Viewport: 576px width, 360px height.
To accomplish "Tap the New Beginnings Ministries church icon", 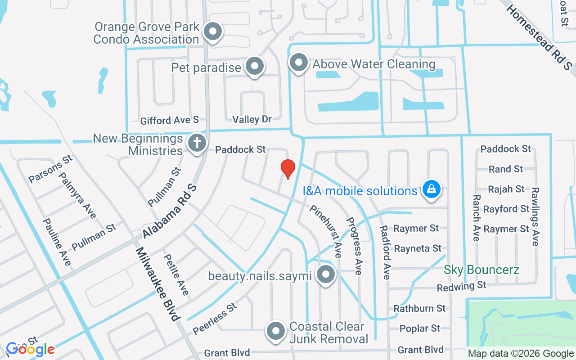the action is [x=197, y=144].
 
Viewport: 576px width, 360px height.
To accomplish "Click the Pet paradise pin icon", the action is [x=255, y=66].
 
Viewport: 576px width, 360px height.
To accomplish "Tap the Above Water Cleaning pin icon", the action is [x=298, y=63].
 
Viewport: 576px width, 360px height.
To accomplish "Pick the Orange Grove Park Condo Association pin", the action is [x=213, y=32].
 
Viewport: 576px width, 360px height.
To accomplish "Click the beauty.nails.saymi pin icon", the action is [x=325, y=274].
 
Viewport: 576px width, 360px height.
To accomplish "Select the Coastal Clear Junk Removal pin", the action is [x=276, y=331].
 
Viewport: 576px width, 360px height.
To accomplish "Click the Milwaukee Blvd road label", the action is [x=157, y=284].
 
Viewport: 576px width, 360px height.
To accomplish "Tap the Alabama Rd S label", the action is [x=170, y=211].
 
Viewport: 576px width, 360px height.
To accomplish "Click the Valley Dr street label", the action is [x=252, y=119].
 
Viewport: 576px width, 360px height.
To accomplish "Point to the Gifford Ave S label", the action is [x=169, y=120].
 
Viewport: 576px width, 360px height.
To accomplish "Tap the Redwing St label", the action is [x=462, y=286].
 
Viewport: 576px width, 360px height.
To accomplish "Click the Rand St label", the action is [x=506, y=169].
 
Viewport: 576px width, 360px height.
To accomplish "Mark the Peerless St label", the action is [x=215, y=319].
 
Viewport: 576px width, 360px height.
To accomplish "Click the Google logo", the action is [x=30, y=349].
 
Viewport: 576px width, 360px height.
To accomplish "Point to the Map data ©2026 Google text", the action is [x=521, y=354].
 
